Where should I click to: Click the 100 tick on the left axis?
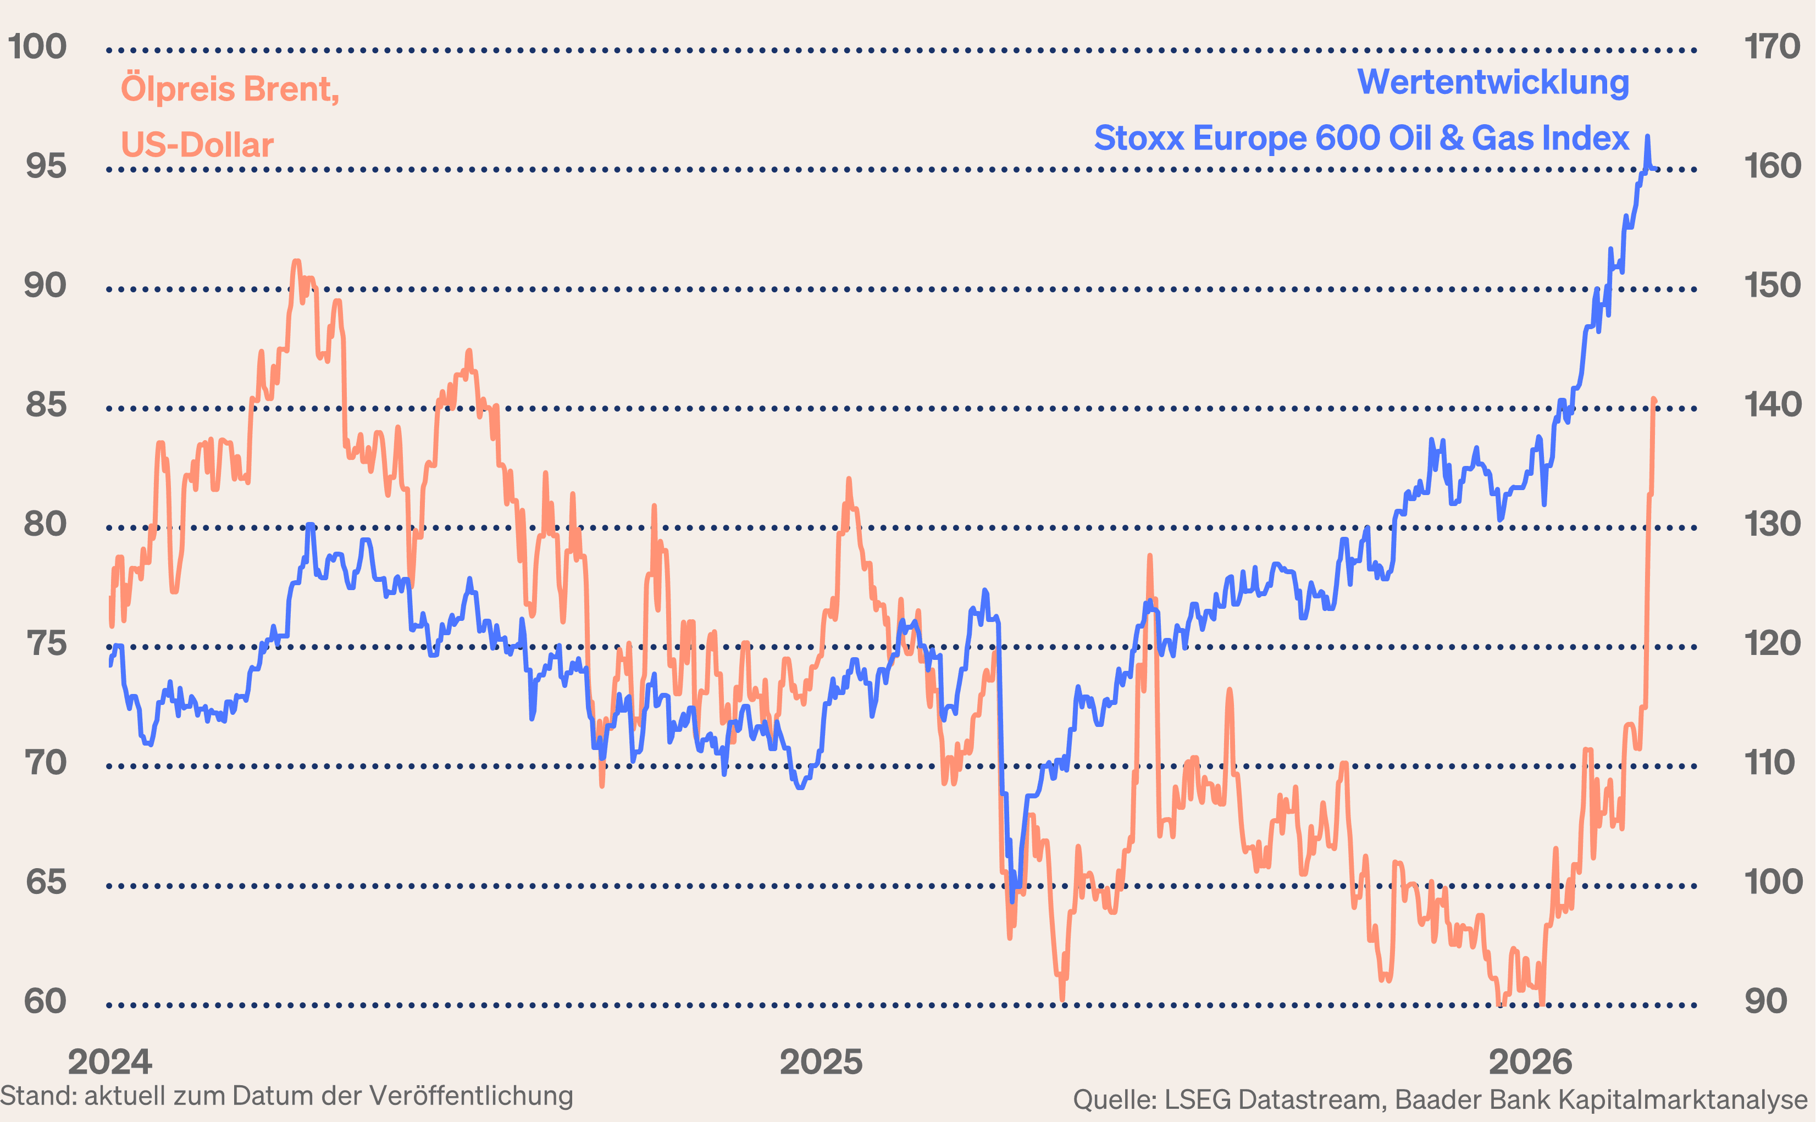37,47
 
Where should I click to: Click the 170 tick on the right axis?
1772,47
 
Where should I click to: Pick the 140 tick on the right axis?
1772,405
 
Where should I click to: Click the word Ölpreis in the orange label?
178,89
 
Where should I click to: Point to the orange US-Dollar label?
197,145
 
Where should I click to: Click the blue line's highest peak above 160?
1647,136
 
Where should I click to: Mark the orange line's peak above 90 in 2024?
296,261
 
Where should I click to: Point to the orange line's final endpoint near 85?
1654,401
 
